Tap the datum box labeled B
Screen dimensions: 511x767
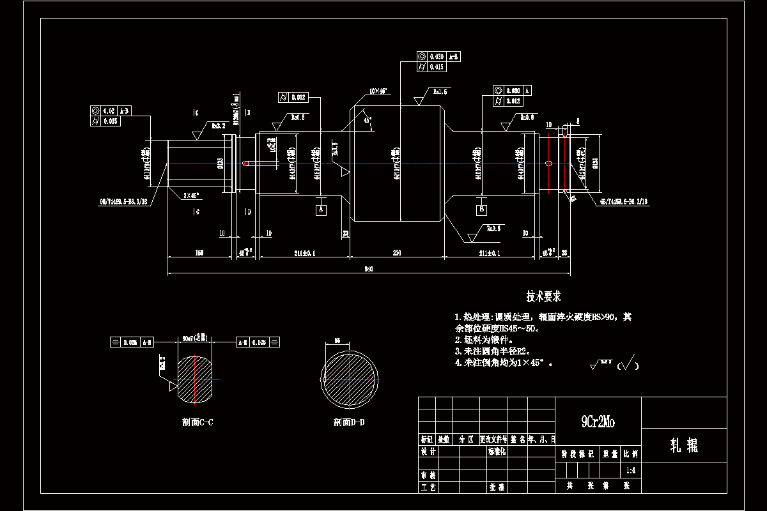(x=481, y=209)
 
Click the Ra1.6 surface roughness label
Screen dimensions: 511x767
(x=440, y=92)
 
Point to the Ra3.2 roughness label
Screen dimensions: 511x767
(x=220, y=126)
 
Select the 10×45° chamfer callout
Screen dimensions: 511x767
(x=378, y=91)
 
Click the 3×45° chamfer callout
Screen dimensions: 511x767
(x=190, y=195)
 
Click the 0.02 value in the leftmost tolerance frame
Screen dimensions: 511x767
(x=109, y=111)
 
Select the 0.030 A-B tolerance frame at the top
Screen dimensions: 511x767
(x=438, y=56)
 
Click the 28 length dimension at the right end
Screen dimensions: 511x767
(x=564, y=253)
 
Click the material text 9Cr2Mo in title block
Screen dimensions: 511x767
(x=598, y=422)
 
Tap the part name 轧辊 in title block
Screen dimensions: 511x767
(x=683, y=446)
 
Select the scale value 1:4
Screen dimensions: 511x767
(x=630, y=470)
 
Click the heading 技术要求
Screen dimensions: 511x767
(x=543, y=296)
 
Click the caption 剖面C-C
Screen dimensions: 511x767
(x=198, y=422)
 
